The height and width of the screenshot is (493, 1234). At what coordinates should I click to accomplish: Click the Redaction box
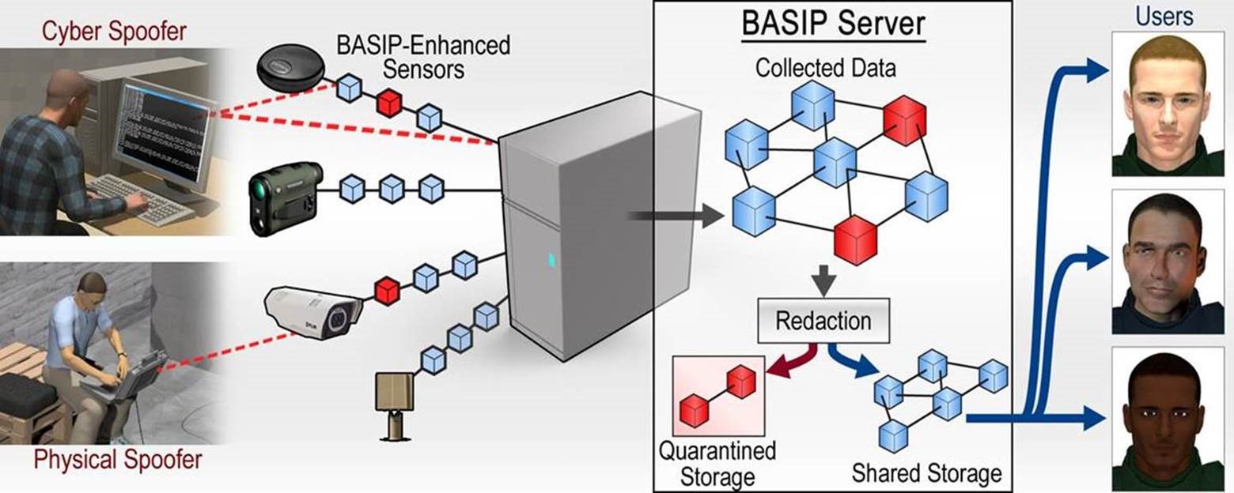pyautogui.click(x=823, y=321)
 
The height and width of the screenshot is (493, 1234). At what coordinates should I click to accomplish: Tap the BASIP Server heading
pyautogui.click(x=833, y=24)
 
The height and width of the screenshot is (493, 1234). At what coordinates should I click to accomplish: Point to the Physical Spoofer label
pyautogui.click(x=119, y=460)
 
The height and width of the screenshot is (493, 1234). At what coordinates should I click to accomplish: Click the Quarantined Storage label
pyautogui.click(x=717, y=463)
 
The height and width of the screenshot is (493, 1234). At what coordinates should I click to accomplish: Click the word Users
pyautogui.click(x=1164, y=16)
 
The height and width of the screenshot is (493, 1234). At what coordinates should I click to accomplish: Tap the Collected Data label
pyautogui.click(x=825, y=68)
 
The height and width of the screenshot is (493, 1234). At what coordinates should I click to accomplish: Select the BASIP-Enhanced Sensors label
pyautogui.click(x=423, y=56)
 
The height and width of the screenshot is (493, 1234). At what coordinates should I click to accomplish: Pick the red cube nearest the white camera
pyautogui.click(x=387, y=290)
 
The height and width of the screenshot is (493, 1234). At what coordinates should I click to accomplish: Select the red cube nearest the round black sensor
pyautogui.click(x=388, y=103)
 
